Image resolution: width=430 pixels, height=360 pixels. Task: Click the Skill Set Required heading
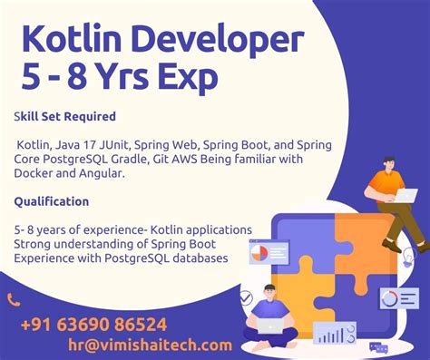point(64,117)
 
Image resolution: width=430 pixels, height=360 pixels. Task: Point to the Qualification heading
point(51,201)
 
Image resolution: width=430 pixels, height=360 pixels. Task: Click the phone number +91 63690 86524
point(93,324)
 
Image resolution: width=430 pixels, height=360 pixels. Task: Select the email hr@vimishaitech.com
point(150,345)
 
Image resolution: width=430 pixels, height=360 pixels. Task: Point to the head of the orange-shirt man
point(387,165)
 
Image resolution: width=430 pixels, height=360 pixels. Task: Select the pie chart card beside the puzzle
point(269,252)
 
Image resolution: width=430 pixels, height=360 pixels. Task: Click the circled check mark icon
point(246,297)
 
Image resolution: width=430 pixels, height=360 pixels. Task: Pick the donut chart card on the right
point(399,298)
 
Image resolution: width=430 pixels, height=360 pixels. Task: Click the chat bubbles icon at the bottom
point(377,347)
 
